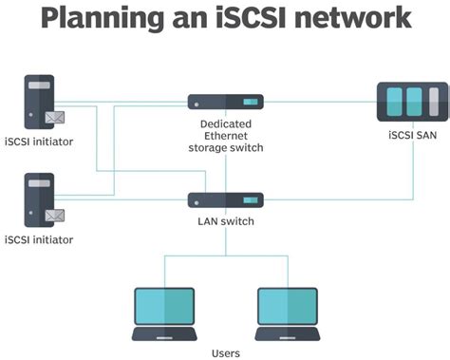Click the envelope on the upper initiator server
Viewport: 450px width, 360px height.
(x=54, y=119)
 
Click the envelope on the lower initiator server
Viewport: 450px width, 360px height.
(x=54, y=215)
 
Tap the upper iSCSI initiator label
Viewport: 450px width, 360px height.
(x=39, y=142)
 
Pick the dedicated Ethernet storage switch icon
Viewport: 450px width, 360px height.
(x=225, y=102)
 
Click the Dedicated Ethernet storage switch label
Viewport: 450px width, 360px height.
(x=225, y=135)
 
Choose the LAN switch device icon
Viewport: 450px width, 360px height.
(x=225, y=200)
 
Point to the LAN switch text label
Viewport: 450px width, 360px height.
(x=225, y=221)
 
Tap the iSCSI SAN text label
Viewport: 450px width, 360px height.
(x=412, y=136)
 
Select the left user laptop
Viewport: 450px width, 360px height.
(x=164, y=313)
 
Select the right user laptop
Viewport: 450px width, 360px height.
(x=288, y=313)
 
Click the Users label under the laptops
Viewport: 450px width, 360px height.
(x=226, y=352)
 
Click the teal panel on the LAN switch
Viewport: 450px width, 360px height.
(x=250, y=200)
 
